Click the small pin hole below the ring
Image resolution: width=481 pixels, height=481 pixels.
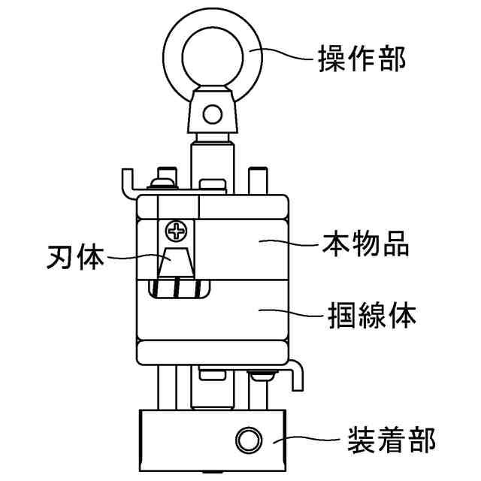[213, 115]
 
